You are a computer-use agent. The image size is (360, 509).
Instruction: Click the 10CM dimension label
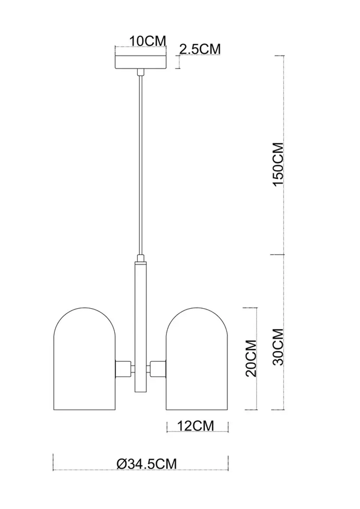click(x=148, y=41)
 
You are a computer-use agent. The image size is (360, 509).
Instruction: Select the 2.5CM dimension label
click(x=199, y=49)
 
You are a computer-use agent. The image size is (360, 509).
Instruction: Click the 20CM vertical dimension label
click(x=251, y=358)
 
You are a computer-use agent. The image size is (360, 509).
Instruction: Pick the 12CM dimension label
click(x=195, y=426)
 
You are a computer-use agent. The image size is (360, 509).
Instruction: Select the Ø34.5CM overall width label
click(x=147, y=464)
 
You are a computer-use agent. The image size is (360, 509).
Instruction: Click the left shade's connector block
click(x=122, y=368)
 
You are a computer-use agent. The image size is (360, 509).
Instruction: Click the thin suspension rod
click(x=141, y=162)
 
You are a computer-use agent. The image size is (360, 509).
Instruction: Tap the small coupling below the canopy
click(x=141, y=73)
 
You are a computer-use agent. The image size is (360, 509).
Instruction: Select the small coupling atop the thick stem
click(x=141, y=258)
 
